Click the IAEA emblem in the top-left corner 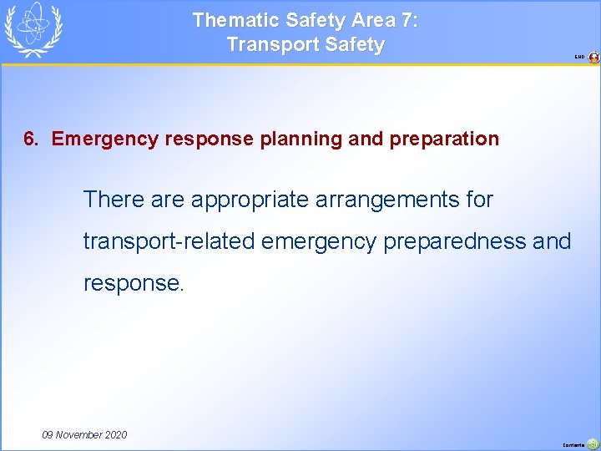point(33,30)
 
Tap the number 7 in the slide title point(408,20)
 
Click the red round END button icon point(593,58)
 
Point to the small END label point(579,58)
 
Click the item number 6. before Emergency point(31,139)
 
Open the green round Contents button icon point(593,444)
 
